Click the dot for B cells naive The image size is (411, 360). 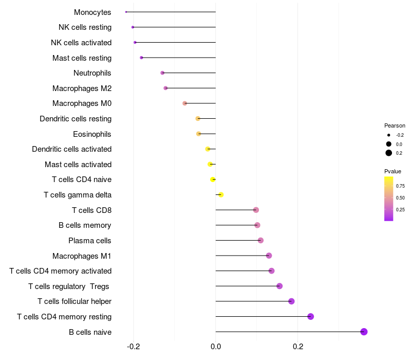(x=364, y=332)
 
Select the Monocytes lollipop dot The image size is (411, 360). (x=126, y=12)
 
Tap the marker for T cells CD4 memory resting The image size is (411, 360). (x=310, y=316)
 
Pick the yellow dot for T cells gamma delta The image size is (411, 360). (x=221, y=194)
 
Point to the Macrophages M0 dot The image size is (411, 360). (x=185, y=103)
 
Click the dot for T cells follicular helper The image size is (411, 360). (x=291, y=301)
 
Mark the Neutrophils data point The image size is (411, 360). (x=162, y=73)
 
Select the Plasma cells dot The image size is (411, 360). (x=260, y=240)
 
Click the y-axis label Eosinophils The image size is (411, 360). (x=92, y=134)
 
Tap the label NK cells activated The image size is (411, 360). (x=81, y=43)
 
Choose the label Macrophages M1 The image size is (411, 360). (x=82, y=256)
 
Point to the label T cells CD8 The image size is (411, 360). (x=91, y=210)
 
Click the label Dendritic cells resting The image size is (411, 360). (x=76, y=119)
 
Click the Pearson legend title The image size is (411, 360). (x=395, y=125)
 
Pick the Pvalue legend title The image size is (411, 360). (x=393, y=171)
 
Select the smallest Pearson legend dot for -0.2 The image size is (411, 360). (x=389, y=135)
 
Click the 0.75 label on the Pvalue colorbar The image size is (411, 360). (x=400, y=186)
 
